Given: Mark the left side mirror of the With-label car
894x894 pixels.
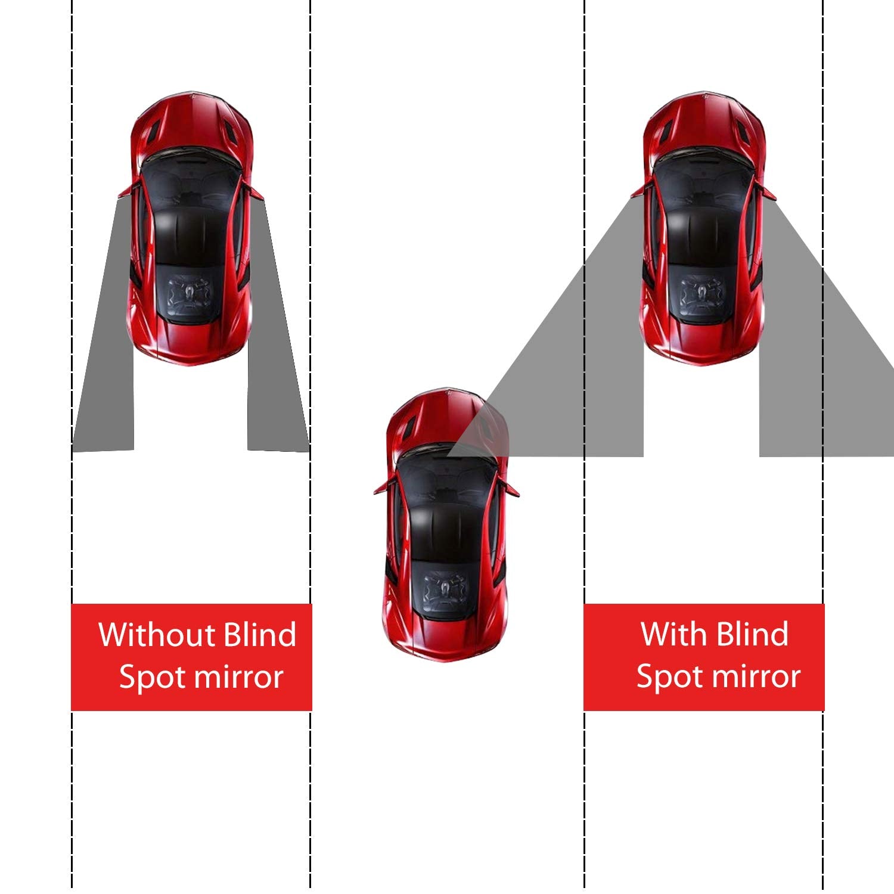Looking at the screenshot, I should pos(638,191).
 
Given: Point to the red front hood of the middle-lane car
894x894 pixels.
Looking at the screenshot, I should pos(444,417).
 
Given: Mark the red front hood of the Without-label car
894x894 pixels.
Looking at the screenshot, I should pos(191,122).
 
